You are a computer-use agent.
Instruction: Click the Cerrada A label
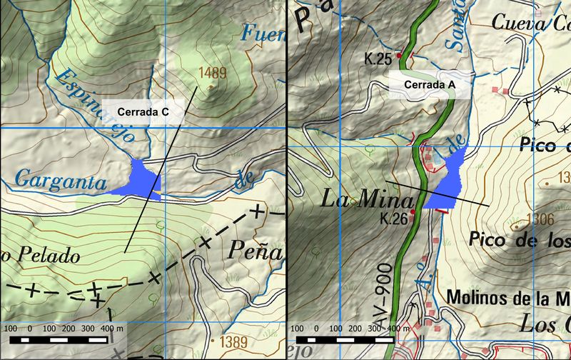(430, 84)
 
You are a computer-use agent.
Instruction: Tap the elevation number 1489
(213, 72)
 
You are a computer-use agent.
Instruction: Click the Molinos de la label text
(500, 296)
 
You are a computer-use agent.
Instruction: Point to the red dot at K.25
(400, 54)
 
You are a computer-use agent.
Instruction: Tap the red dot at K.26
(413, 212)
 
